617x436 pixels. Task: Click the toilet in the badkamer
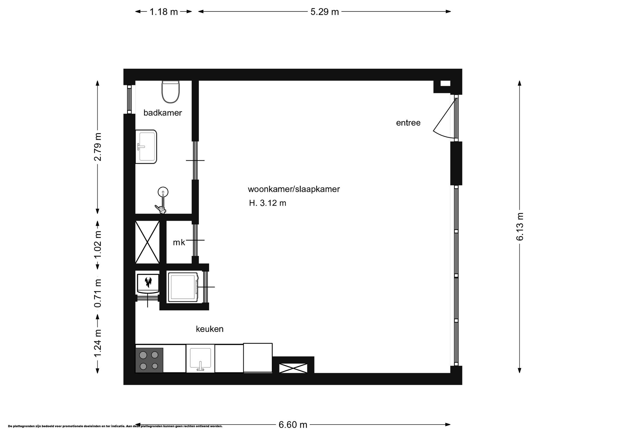[x=171, y=92]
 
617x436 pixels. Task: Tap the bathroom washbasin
[x=146, y=147]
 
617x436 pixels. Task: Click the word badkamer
[x=163, y=113]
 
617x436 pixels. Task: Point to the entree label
[x=408, y=123]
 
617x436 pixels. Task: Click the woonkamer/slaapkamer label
[x=294, y=189]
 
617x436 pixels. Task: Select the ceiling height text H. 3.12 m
[x=268, y=203]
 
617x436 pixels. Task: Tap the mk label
[x=179, y=242]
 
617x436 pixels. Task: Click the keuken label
[x=210, y=329]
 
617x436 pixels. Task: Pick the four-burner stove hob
[x=149, y=360]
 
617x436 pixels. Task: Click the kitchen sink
[x=200, y=359]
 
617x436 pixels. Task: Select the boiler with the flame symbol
[x=148, y=283]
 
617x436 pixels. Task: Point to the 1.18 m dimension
[x=164, y=12]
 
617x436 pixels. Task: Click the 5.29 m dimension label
[x=325, y=12]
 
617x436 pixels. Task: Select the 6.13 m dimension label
[x=520, y=226]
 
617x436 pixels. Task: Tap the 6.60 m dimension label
[x=293, y=425]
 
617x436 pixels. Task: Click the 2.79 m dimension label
[x=98, y=147]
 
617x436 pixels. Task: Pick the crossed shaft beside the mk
[x=147, y=242]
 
